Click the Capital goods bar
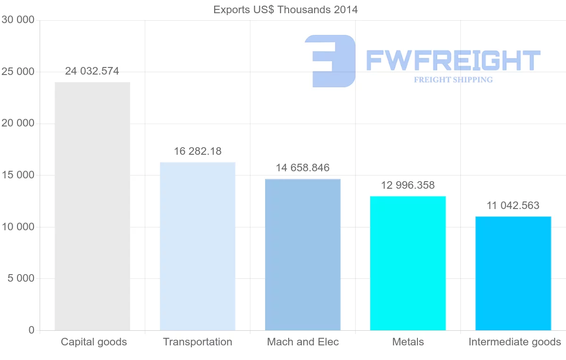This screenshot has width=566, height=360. [x=92, y=206]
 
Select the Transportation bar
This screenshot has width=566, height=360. [x=198, y=246]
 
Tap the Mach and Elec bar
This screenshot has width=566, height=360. [x=303, y=255]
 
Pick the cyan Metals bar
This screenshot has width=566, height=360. [x=408, y=263]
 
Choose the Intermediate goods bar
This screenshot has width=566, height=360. [x=513, y=274]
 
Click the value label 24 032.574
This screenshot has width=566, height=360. [x=92, y=71]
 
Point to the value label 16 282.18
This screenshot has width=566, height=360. [x=198, y=151]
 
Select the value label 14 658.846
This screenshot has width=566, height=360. [x=303, y=168]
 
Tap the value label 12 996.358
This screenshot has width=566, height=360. [x=408, y=185]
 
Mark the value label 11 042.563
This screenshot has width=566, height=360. [x=513, y=206]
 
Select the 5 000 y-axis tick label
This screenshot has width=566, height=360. [x=21, y=278]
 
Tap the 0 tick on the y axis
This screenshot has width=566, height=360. [x=32, y=330]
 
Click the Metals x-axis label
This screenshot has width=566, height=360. [x=408, y=342]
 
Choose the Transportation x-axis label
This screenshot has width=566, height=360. [x=198, y=342]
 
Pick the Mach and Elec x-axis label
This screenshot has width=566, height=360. [x=303, y=342]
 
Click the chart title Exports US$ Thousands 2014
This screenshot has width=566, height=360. [x=286, y=9]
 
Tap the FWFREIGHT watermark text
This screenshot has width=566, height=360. [x=453, y=60]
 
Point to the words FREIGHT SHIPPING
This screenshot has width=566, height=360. [x=453, y=80]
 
